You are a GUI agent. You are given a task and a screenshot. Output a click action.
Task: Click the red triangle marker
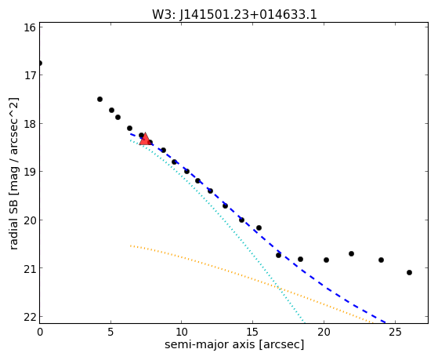(145, 140)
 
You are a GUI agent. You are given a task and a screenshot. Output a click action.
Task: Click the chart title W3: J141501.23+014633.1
(234, 15)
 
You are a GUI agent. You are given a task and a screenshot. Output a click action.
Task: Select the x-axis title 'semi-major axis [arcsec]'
(234, 344)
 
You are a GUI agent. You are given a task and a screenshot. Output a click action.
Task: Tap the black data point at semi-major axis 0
(40, 64)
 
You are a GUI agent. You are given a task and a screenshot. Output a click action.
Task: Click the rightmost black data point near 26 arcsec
(409, 272)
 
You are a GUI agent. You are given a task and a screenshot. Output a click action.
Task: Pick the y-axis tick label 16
(30, 27)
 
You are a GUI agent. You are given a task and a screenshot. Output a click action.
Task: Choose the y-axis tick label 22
(30, 317)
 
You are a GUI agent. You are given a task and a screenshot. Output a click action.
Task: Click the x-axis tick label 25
(395, 332)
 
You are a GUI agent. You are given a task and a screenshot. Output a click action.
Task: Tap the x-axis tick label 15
(252, 332)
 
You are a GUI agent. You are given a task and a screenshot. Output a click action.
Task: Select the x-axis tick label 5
(111, 332)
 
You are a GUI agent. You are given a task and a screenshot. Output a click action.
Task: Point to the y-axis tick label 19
(30, 172)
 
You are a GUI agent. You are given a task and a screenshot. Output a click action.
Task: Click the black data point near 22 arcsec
(351, 253)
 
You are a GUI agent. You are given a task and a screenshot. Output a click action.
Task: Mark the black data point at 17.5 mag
(100, 100)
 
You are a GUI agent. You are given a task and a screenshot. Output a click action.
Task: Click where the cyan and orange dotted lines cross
(278, 287)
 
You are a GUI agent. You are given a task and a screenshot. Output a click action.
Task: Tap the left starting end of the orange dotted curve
(130, 245)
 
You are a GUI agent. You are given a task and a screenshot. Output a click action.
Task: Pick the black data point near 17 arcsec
(278, 255)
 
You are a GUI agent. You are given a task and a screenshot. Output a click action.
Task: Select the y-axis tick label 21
(30, 268)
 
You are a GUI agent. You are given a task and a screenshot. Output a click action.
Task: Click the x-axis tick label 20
(324, 332)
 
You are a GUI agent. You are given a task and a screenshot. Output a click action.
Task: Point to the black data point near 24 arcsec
(381, 260)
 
